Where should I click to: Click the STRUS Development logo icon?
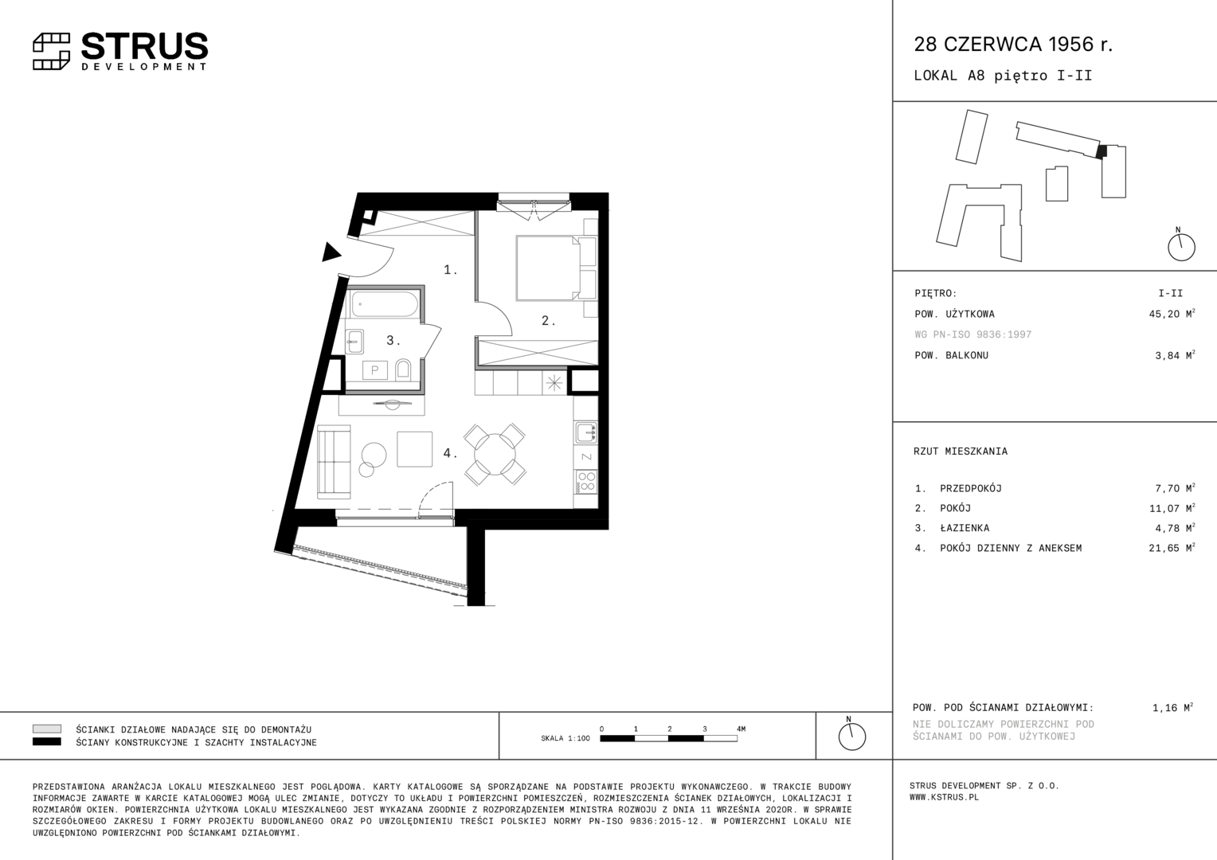coord(51,52)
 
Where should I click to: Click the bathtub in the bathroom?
coord(385,305)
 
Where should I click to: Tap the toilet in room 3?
coord(403,369)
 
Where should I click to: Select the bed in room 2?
coord(548,268)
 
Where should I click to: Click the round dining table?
coord(495,454)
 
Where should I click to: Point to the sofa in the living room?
coord(334,462)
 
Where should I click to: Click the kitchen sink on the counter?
coord(585,433)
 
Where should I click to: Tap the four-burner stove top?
coord(585,482)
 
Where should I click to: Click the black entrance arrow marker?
coord(331,252)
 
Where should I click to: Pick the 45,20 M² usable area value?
coord(1172,314)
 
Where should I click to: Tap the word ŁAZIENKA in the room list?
coord(965,527)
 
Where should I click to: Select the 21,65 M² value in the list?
coord(1172,548)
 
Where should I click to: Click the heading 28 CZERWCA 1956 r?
coord(1013,44)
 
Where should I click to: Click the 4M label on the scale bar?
coord(741,729)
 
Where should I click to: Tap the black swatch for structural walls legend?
coord(47,741)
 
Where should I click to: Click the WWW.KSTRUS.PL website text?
coord(945,798)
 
